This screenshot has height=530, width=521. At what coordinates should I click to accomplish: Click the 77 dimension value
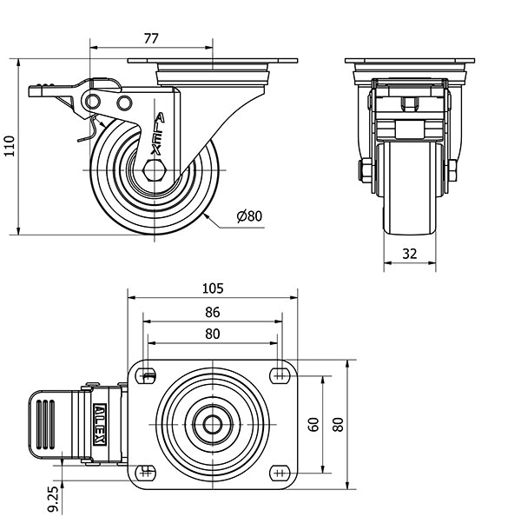[150, 38]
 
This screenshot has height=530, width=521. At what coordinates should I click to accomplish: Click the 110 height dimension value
[10, 146]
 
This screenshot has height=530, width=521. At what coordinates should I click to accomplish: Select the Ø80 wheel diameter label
[248, 216]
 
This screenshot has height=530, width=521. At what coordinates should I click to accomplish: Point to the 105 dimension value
[213, 288]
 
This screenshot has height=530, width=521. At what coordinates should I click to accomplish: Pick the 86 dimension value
[213, 312]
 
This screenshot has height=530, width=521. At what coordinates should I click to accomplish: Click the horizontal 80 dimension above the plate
[213, 334]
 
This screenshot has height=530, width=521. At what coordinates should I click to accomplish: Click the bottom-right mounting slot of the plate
[279, 472]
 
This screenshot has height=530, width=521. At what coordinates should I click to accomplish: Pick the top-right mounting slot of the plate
[279, 375]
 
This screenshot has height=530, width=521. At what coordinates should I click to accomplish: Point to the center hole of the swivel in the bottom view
[213, 425]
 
